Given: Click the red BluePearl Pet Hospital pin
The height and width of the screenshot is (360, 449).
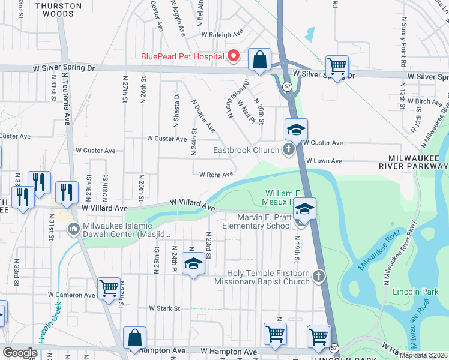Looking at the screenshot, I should pos(234,56).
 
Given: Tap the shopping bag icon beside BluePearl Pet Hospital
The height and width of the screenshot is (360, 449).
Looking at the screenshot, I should pos(259,60).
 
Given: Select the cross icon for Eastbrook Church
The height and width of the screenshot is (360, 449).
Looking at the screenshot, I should pos(289,150).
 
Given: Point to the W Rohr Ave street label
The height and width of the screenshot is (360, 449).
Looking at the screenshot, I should pos(216,175).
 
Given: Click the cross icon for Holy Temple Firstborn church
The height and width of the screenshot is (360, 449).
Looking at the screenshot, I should pos(319,276).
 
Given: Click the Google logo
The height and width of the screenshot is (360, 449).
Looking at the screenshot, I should pos(20,353).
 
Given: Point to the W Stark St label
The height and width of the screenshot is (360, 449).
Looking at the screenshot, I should pos(165,308).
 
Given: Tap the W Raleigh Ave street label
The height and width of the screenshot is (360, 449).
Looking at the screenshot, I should pos(222,34).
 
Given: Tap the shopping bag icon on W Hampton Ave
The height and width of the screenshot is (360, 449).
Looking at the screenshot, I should pos(134,338).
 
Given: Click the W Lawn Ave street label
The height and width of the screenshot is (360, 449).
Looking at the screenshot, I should pos(324,161).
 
